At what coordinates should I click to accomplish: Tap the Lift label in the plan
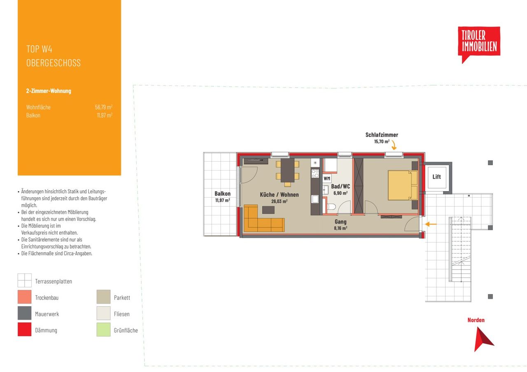click(x=437, y=177)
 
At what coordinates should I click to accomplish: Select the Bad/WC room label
click(x=340, y=187)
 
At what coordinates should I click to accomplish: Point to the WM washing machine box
click(x=327, y=178)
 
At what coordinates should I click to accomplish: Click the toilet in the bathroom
click(x=331, y=207)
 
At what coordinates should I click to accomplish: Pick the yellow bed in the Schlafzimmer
click(x=403, y=185)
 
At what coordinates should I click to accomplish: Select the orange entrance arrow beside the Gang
click(x=431, y=224)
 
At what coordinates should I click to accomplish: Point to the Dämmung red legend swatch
click(x=24, y=329)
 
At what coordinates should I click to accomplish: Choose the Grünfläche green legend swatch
click(x=103, y=329)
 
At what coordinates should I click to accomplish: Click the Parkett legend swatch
click(x=103, y=297)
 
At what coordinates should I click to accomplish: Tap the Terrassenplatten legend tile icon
click(x=24, y=280)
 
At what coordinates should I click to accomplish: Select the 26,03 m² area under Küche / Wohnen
click(x=279, y=201)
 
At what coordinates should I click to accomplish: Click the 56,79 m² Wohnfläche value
click(x=104, y=107)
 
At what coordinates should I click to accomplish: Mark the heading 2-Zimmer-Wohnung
click(x=49, y=91)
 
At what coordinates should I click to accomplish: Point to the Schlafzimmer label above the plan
click(x=382, y=135)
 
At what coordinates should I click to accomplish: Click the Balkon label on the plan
click(x=223, y=194)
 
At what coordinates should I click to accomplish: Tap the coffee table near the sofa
click(x=268, y=210)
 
